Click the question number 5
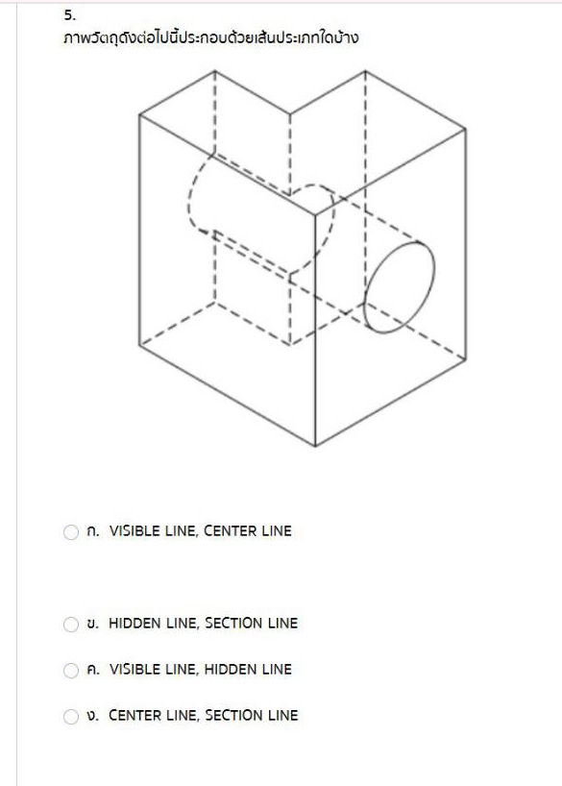click(69, 15)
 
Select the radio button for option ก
click(71, 532)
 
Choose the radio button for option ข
click(71, 625)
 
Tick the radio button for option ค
click(71, 671)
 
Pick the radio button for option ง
click(71, 717)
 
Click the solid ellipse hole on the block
click(400, 286)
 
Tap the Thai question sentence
click(210, 39)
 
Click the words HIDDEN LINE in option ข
click(152, 624)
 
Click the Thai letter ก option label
click(92, 531)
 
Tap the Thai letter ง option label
click(92, 716)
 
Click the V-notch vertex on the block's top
click(289, 115)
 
